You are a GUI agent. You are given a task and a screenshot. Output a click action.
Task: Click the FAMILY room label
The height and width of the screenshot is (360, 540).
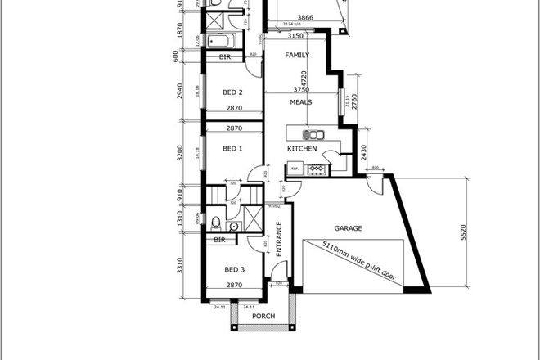(296, 56)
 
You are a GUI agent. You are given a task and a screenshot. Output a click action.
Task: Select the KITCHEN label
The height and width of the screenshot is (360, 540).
(301, 149)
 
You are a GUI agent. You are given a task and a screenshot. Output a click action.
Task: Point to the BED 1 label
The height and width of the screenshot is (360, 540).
(234, 149)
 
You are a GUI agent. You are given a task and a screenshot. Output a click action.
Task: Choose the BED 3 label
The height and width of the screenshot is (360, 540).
(234, 269)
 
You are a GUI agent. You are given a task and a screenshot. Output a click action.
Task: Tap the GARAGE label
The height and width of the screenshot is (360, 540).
(348, 229)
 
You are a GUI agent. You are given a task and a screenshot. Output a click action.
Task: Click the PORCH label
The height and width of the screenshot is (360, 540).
(263, 317)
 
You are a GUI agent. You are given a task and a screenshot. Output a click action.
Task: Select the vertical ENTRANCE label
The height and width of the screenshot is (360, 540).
(279, 240)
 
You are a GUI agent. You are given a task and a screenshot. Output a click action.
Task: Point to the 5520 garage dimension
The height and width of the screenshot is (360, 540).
(466, 232)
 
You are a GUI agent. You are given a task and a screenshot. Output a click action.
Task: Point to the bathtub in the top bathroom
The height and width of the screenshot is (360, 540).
(219, 40)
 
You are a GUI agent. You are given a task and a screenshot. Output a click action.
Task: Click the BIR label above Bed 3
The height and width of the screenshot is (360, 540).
(219, 240)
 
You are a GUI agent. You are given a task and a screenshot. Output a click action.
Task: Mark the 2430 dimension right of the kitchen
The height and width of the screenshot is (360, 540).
(363, 152)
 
